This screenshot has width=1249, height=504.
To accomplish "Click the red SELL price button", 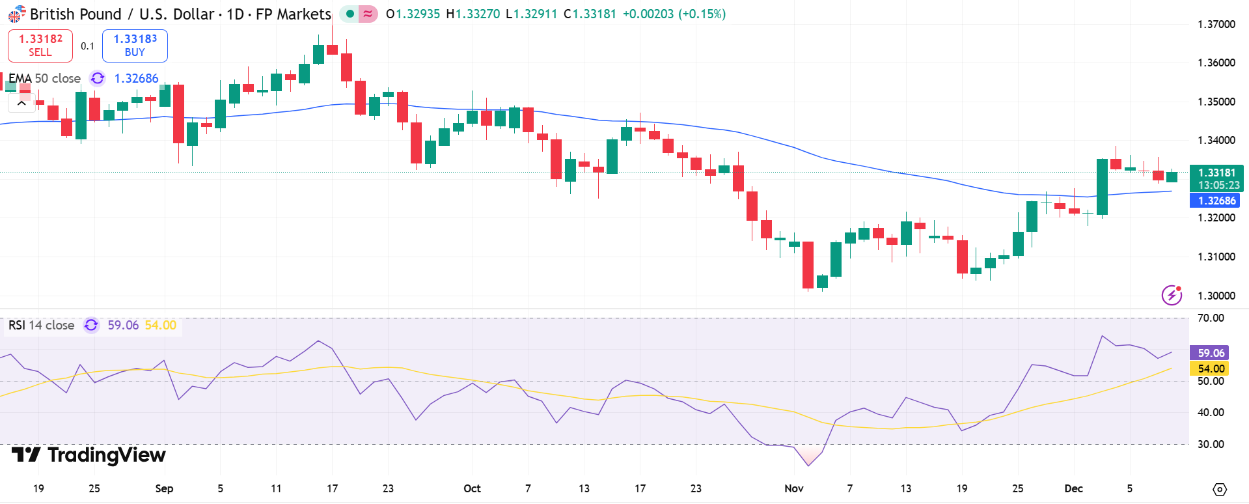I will pos(40,46).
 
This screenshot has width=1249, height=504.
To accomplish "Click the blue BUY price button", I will pos(135,46).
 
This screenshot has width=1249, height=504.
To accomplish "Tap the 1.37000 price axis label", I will pos(1216,24).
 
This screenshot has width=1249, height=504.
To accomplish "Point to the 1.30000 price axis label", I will pos(1216,296).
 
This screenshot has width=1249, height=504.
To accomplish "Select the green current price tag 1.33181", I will pos(1216,173).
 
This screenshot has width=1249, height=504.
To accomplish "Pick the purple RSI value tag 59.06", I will pos(1210,353).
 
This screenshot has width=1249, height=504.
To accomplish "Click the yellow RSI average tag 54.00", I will pos(1210,369).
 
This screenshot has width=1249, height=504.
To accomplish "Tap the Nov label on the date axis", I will pos(793,488).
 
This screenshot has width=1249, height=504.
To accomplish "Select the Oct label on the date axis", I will pos(472,488).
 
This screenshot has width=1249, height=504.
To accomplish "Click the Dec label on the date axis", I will pos(1073,488).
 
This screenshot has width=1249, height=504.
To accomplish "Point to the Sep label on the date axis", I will pos(164,488).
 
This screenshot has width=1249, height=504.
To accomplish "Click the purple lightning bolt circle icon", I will pos(1172,295).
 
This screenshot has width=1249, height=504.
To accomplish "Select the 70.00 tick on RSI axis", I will pos(1211,318).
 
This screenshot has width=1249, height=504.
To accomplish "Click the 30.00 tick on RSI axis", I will pos(1211,444).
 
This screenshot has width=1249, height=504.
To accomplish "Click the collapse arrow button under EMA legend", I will pos(21,103).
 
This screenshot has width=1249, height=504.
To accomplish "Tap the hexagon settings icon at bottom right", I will pos(1220,489).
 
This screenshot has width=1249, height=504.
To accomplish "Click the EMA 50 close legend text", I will pos(44,78).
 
